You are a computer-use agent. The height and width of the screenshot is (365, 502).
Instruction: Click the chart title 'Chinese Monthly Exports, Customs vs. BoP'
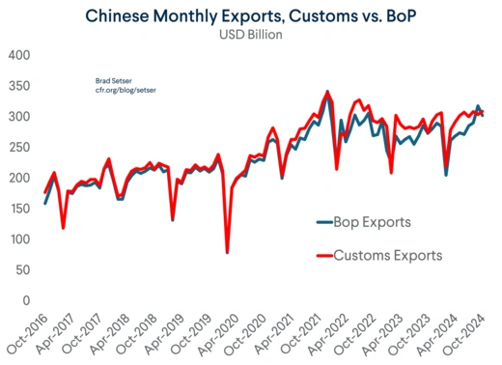[x=251, y=16]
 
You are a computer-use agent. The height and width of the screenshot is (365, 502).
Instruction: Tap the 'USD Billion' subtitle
[x=250, y=37]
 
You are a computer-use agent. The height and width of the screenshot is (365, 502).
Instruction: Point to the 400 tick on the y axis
[x=20, y=55]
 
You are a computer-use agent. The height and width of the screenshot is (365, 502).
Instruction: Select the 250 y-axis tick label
[x=20, y=148]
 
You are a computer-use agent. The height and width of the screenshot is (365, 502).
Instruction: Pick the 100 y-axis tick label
[x=20, y=239]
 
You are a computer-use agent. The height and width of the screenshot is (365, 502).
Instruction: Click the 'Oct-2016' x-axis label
[x=28, y=334]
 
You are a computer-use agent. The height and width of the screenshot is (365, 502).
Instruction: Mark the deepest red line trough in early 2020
[x=227, y=252]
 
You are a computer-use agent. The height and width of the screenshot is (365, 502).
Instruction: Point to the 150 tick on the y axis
[x=20, y=209]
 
